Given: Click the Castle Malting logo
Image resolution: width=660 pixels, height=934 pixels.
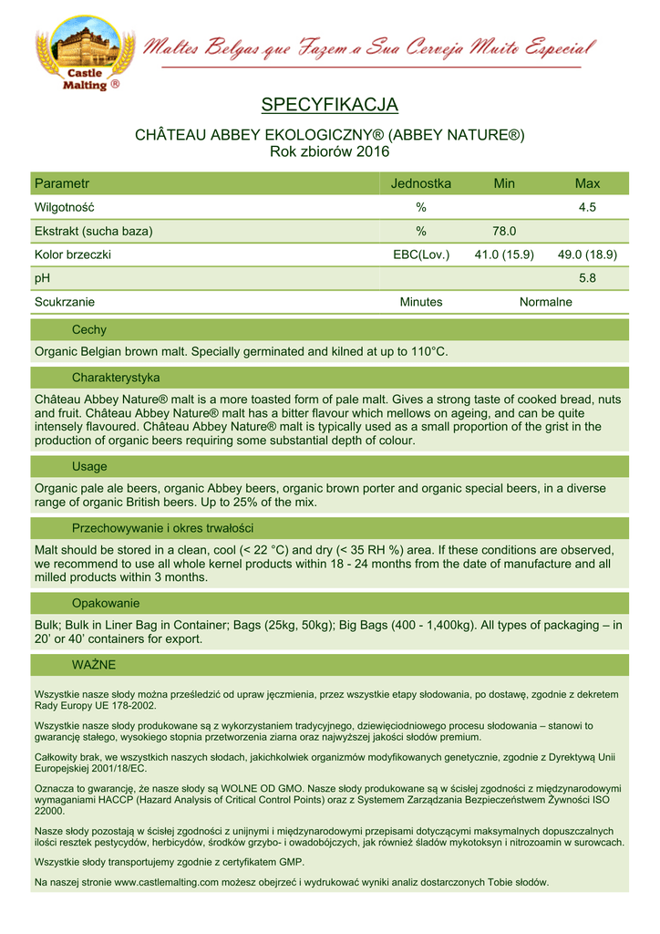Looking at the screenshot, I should [x=82, y=53].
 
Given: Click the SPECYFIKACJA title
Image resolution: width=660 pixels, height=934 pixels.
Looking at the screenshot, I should [x=330, y=106].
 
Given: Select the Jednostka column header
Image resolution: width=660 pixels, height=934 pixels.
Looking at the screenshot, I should [x=420, y=183].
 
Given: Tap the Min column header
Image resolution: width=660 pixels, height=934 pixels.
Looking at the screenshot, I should [x=504, y=183].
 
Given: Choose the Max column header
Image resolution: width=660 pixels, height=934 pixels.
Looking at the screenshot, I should [x=587, y=183].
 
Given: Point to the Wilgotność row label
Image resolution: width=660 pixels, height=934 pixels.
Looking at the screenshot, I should [x=65, y=207].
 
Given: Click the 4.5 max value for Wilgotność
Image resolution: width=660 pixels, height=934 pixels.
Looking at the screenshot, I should [x=587, y=207].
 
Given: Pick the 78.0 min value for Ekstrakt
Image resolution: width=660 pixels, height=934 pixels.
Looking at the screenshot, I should [x=504, y=231].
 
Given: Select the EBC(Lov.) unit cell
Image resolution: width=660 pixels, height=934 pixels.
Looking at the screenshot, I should [x=421, y=254].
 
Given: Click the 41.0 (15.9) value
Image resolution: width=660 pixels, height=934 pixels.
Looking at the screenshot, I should [x=504, y=254].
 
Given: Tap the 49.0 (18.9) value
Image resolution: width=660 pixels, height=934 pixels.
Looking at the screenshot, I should [x=587, y=254].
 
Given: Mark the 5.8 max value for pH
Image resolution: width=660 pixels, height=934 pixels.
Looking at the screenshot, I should [x=587, y=278].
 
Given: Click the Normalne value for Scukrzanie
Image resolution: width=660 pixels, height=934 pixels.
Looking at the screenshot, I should [x=545, y=302].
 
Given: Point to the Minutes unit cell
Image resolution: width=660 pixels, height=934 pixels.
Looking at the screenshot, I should [x=421, y=302].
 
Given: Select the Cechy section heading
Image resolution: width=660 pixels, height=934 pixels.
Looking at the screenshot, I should [x=89, y=330].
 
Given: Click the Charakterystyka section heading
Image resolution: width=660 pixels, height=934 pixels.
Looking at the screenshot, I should [x=116, y=377].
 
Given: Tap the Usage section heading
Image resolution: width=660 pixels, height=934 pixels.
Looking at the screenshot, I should [x=89, y=466].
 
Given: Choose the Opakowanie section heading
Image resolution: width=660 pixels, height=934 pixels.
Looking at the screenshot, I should [x=106, y=603].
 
